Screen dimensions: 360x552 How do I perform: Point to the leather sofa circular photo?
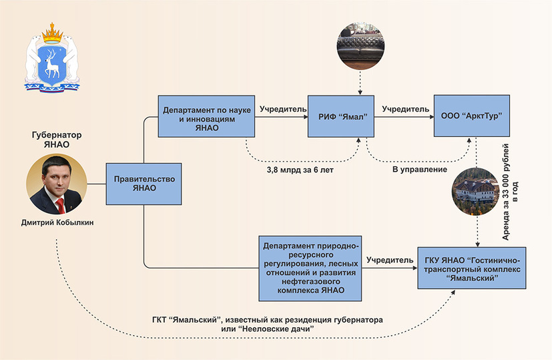click(x=361, y=45)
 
